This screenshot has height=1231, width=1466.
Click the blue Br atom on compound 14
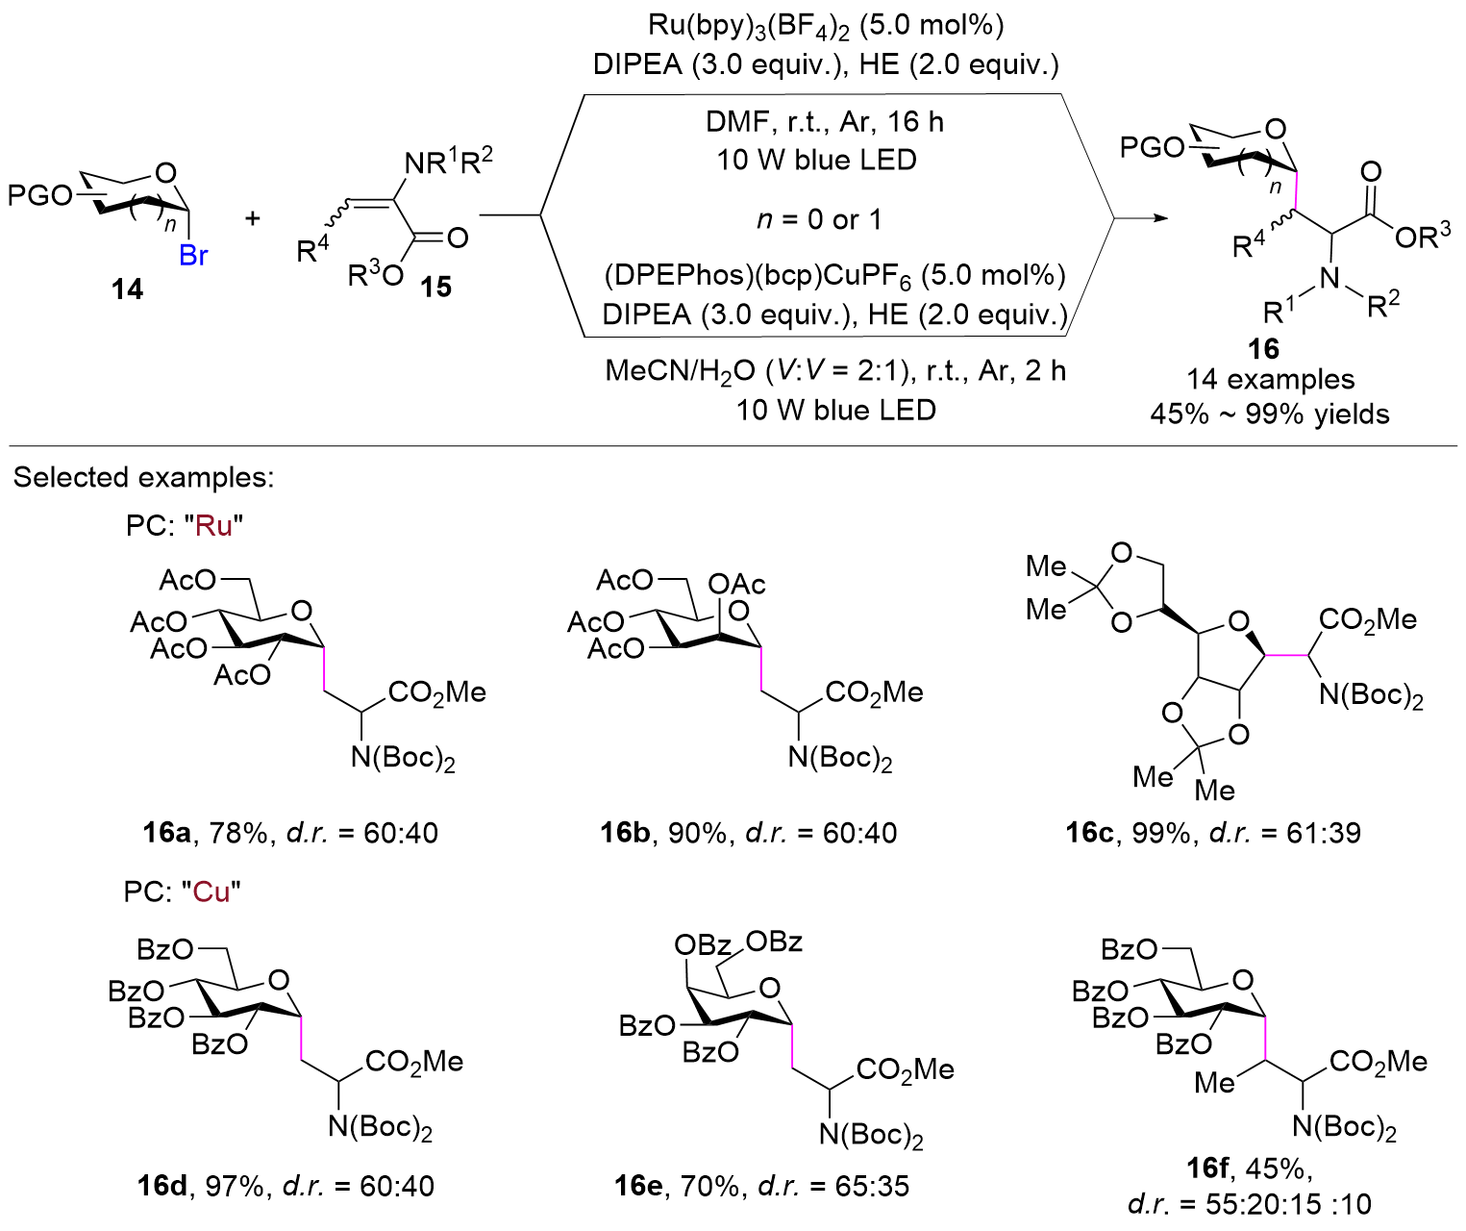pos(193,255)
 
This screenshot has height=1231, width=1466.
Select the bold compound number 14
pos(126,289)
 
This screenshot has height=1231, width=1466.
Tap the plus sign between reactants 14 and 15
pos(252,218)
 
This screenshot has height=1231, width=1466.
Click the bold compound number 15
pos(435,286)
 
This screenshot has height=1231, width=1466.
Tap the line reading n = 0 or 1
pos(819,219)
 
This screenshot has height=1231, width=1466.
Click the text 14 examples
pos(1270,380)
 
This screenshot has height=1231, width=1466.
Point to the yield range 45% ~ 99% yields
pos(1270,415)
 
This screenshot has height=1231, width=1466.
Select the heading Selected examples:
pos(143,477)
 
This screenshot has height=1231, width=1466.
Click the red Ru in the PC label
pos(213,526)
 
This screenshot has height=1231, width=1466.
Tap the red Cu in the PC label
pos(211,892)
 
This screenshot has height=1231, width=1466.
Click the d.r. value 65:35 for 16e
pos(872,1186)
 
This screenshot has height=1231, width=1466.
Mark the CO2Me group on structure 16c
pos(1367,619)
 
